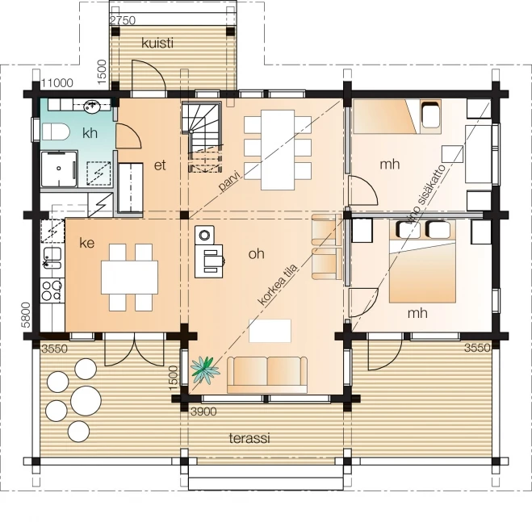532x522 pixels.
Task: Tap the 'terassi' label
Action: (250, 438)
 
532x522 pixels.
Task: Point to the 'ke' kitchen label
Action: (87, 242)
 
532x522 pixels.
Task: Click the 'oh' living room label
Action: (257, 254)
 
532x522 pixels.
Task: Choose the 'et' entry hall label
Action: (160, 165)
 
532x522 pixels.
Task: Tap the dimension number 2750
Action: (122, 19)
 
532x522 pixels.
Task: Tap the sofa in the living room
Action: (268, 373)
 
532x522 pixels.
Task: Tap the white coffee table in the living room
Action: (270, 331)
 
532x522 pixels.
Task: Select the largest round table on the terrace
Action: (86, 399)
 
